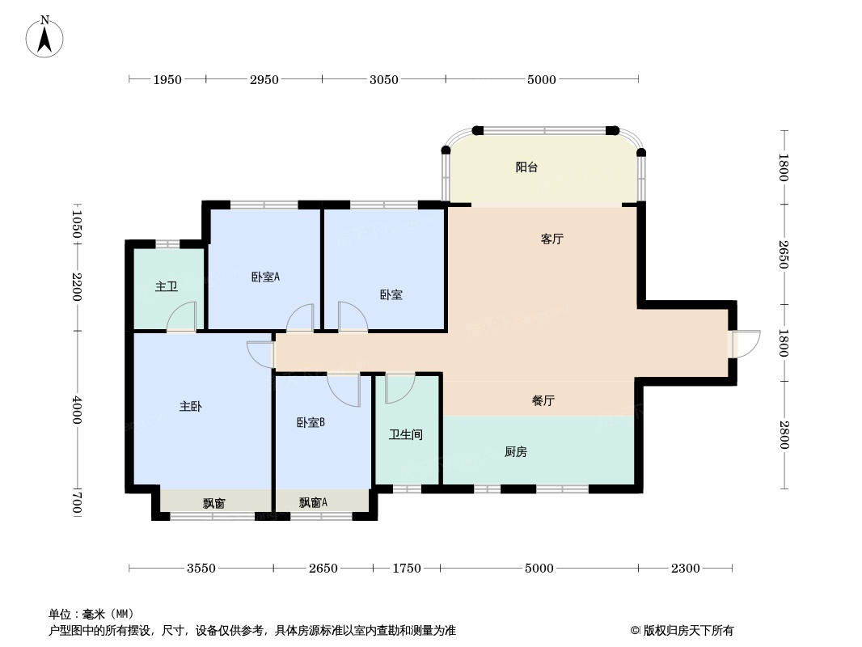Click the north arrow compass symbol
(x=45, y=36)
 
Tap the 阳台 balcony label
(x=526, y=167)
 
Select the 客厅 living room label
(x=551, y=239)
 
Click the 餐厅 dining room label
(x=543, y=401)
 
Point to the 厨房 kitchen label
(x=515, y=452)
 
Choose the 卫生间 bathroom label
(x=405, y=435)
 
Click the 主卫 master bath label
(x=166, y=286)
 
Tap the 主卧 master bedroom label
(x=190, y=407)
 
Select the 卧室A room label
(x=265, y=277)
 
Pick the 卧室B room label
(x=311, y=422)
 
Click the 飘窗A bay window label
(x=313, y=503)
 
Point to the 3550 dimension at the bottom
(x=201, y=569)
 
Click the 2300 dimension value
(x=685, y=569)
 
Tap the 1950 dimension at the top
(x=167, y=79)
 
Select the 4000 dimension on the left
(x=77, y=410)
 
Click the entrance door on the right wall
(x=745, y=344)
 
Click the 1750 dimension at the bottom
(x=407, y=569)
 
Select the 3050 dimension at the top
(x=384, y=79)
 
